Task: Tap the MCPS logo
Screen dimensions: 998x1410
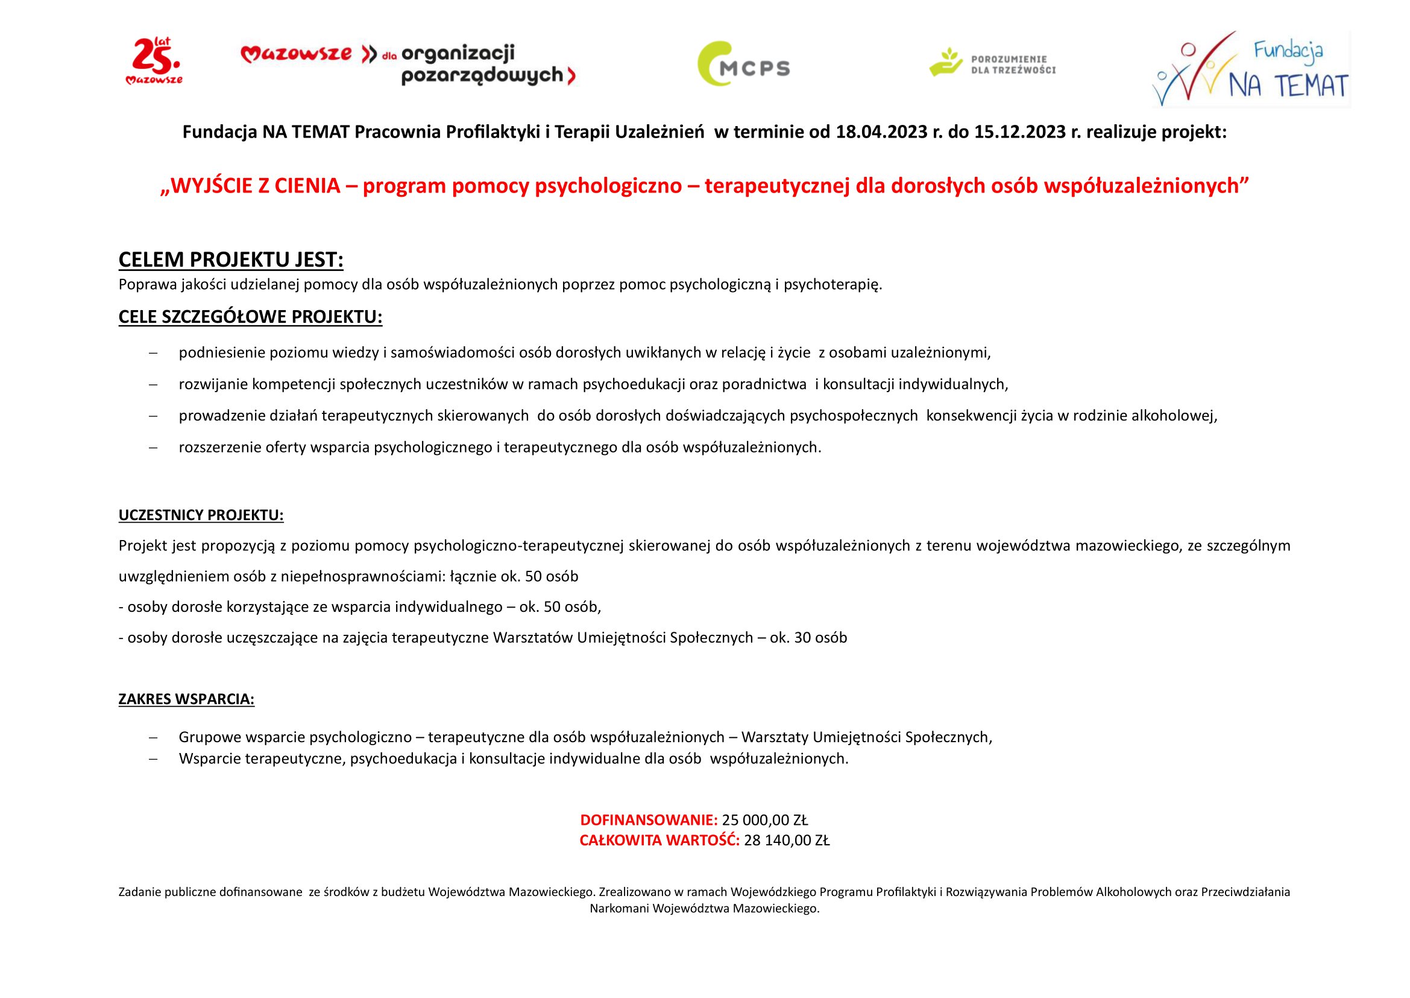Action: [x=744, y=64]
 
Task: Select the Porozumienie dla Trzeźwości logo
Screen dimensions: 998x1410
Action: [x=992, y=63]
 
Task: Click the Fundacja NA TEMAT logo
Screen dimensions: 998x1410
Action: [x=1250, y=69]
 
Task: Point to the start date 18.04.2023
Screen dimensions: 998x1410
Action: [x=881, y=132]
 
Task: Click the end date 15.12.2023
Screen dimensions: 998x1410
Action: [x=1020, y=132]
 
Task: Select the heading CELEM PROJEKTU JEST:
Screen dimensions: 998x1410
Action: [x=231, y=260]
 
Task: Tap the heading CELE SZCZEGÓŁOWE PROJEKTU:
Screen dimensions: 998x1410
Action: [x=250, y=317]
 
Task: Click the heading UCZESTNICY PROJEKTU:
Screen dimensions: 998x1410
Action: [x=201, y=515]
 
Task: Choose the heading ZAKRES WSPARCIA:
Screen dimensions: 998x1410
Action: [x=186, y=699]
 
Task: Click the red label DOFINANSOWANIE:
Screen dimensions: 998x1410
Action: [x=649, y=820]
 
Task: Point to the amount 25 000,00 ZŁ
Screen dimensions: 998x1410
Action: [x=764, y=820]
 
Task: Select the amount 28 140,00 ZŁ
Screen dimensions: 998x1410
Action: [x=787, y=841]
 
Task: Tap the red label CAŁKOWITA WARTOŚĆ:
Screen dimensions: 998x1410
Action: [x=659, y=841]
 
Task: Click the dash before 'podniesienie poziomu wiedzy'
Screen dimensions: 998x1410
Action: [x=153, y=354]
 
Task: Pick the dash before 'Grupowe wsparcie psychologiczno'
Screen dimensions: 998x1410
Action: [x=153, y=737]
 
